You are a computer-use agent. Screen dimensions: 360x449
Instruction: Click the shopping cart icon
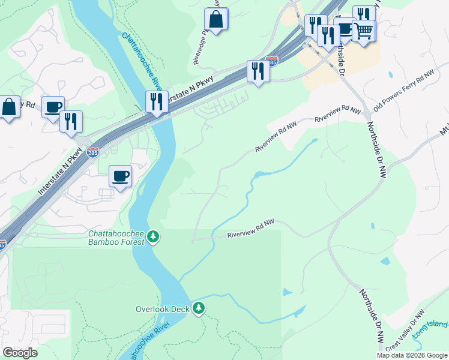(363, 30)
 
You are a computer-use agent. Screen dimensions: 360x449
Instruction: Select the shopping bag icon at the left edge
(9, 107)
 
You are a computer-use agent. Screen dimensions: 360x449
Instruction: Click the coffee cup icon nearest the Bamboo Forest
(120, 176)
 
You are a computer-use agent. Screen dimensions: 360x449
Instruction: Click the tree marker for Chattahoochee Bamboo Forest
(154, 237)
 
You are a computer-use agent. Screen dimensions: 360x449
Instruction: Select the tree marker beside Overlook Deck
(199, 308)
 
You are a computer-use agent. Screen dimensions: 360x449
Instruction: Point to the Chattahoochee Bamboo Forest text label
(116, 238)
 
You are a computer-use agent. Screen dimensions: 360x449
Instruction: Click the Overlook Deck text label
(161, 309)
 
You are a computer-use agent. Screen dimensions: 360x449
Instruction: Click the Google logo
(20, 352)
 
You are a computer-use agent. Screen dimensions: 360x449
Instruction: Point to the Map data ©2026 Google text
(412, 355)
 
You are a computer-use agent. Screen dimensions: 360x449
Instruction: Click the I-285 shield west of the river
(92, 152)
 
